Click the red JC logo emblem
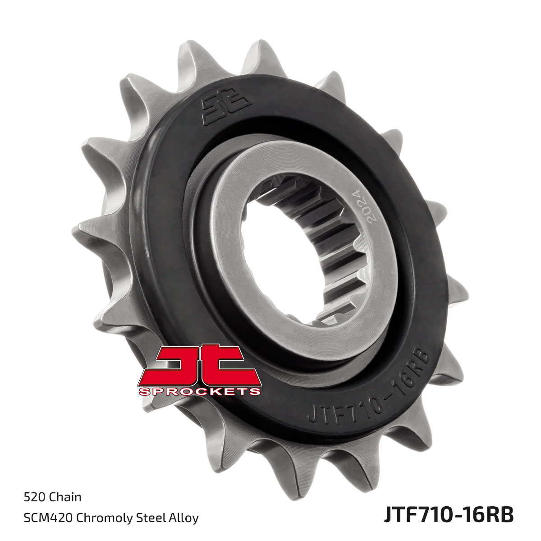(x=199, y=366)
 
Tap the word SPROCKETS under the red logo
(x=199, y=391)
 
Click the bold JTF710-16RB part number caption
(x=448, y=514)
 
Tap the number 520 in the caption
(x=35, y=497)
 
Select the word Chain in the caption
(x=65, y=497)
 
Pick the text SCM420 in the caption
(x=48, y=518)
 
